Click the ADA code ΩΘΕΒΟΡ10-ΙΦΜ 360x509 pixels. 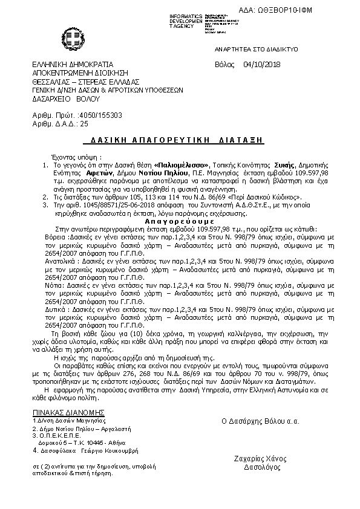pos(313,11)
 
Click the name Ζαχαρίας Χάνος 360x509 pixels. pos(261,458)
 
